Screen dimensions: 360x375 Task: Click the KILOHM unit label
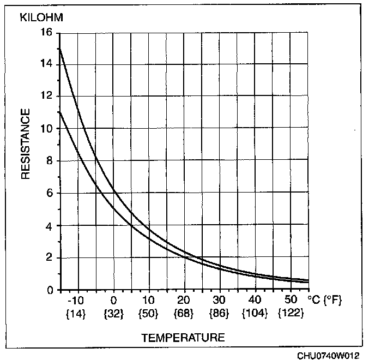(x=41, y=17)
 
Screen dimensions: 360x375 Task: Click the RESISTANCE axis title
(x=26, y=144)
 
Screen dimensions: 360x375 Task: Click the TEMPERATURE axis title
(x=183, y=338)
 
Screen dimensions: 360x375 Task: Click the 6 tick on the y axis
(x=50, y=193)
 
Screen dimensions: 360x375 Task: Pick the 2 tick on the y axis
(x=50, y=257)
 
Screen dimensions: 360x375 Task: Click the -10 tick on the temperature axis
(x=77, y=301)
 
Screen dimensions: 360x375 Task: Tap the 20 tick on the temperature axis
(x=184, y=301)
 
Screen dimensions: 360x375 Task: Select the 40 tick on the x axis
(x=255, y=301)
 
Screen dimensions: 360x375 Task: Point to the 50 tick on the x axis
(x=291, y=301)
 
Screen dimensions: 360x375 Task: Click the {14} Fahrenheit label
(x=77, y=314)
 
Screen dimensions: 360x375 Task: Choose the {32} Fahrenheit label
(x=113, y=314)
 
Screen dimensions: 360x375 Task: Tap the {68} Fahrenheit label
(x=184, y=314)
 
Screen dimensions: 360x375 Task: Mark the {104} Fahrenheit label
(x=255, y=314)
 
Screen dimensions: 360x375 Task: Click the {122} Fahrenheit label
(x=291, y=314)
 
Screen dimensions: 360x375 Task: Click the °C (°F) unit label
(x=326, y=301)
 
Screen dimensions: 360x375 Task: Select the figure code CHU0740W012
(x=328, y=355)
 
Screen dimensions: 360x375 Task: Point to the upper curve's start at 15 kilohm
(x=59, y=49)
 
